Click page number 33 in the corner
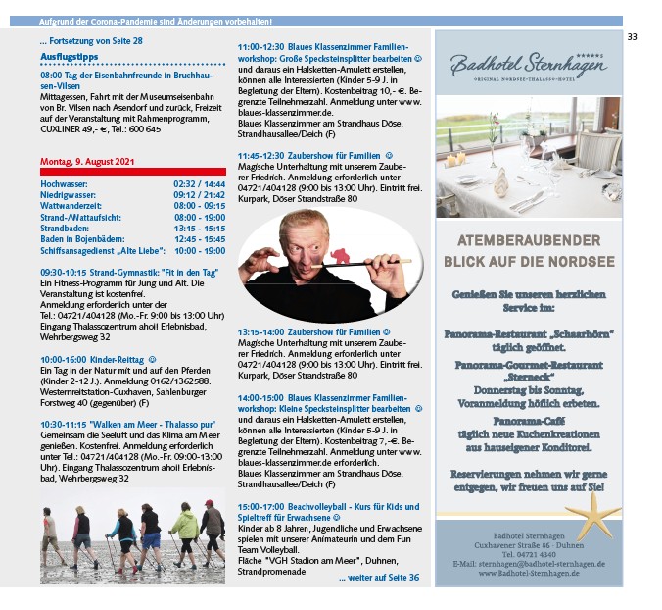point(632,37)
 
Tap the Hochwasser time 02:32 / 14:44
point(200,183)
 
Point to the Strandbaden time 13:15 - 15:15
point(200,228)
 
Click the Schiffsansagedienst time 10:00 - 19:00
point(200,250)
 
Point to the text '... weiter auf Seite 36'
point(379,578)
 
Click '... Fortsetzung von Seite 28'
point(91,41)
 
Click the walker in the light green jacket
point(185,528)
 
